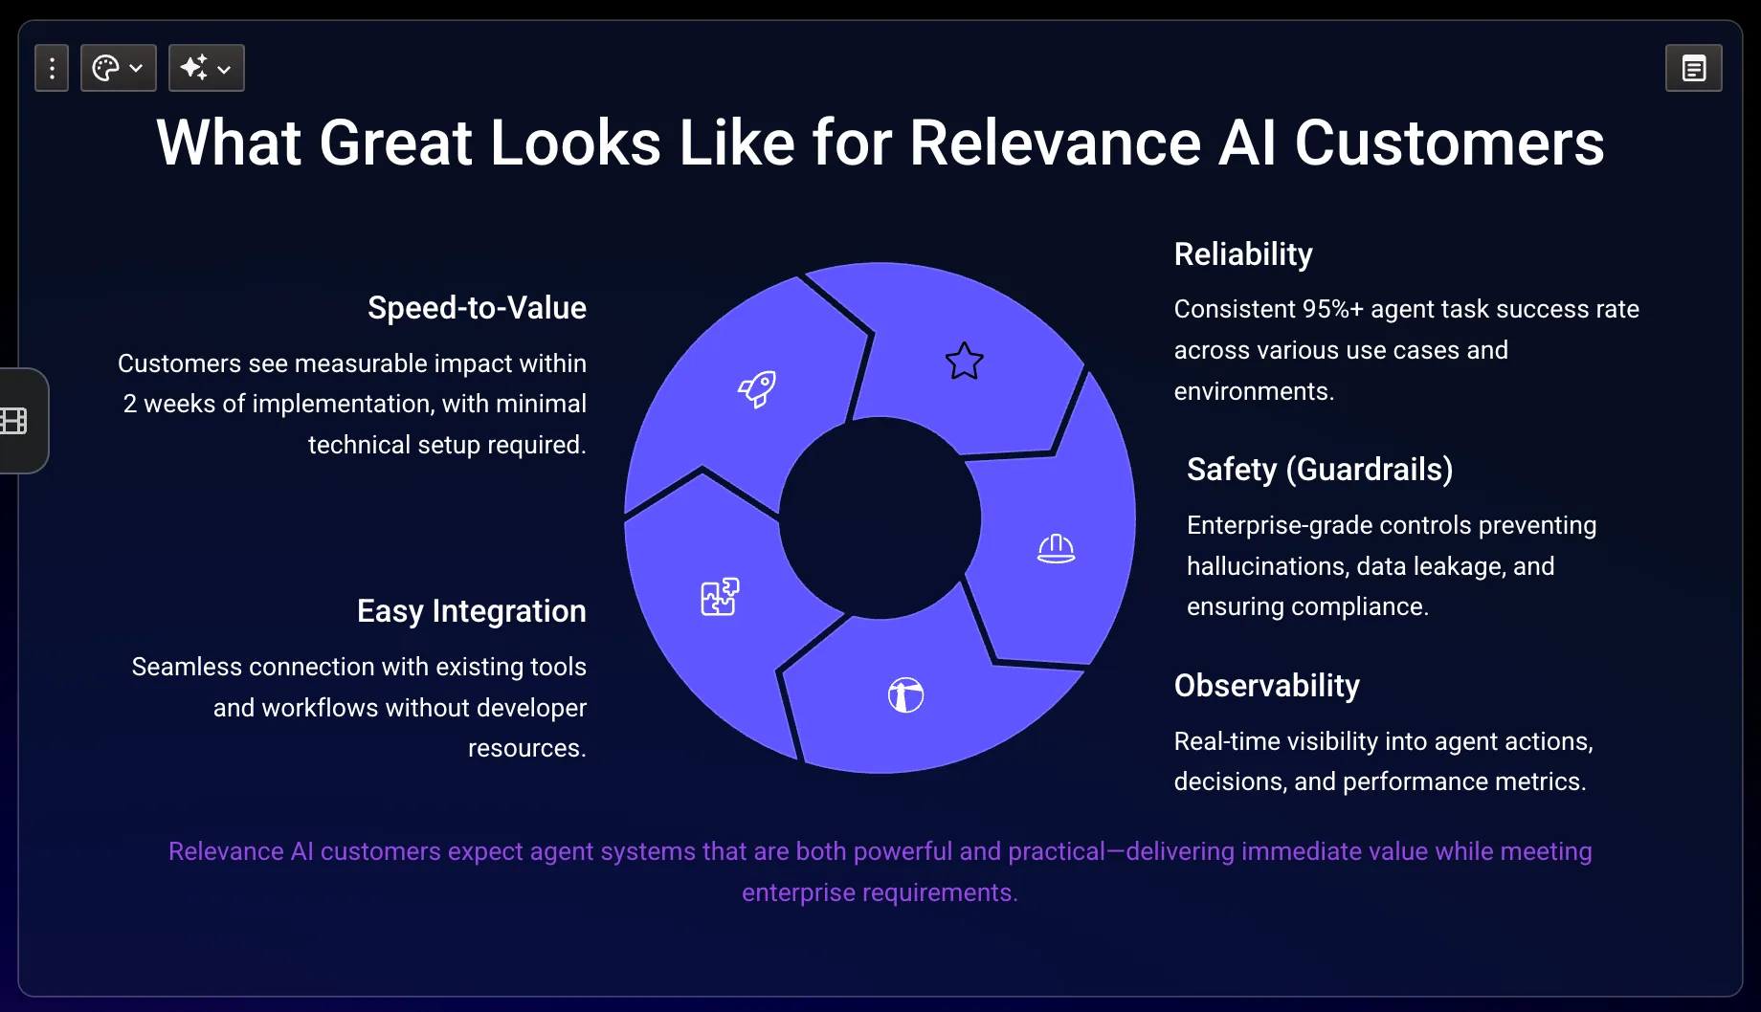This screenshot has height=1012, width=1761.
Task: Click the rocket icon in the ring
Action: coord(757,388)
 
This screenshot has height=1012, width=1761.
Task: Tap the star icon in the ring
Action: coord(964,361)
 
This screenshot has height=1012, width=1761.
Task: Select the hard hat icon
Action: coord(1056,548)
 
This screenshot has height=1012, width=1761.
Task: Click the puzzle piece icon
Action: coord(720,597)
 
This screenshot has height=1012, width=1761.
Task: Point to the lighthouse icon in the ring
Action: coord(905,694)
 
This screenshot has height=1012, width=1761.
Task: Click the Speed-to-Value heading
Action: coord(477,308)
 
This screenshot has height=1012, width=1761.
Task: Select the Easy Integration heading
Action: coord(471,611)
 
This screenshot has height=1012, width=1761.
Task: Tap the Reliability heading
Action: coord(1243,254)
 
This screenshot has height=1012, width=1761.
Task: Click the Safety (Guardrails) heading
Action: coord(1320,470)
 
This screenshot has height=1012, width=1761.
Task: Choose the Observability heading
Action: coord(1267,686)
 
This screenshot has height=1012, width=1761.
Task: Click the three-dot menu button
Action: coord(52,68)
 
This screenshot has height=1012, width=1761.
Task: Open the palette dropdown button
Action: coord(119,68)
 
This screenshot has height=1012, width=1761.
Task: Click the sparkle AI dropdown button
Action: coord(207,68)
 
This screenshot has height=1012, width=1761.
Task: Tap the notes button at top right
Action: coord(1694,68)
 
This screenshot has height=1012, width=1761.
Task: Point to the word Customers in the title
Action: coord(1449,143)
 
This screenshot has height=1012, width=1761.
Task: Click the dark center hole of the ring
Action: coord(880,517)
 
